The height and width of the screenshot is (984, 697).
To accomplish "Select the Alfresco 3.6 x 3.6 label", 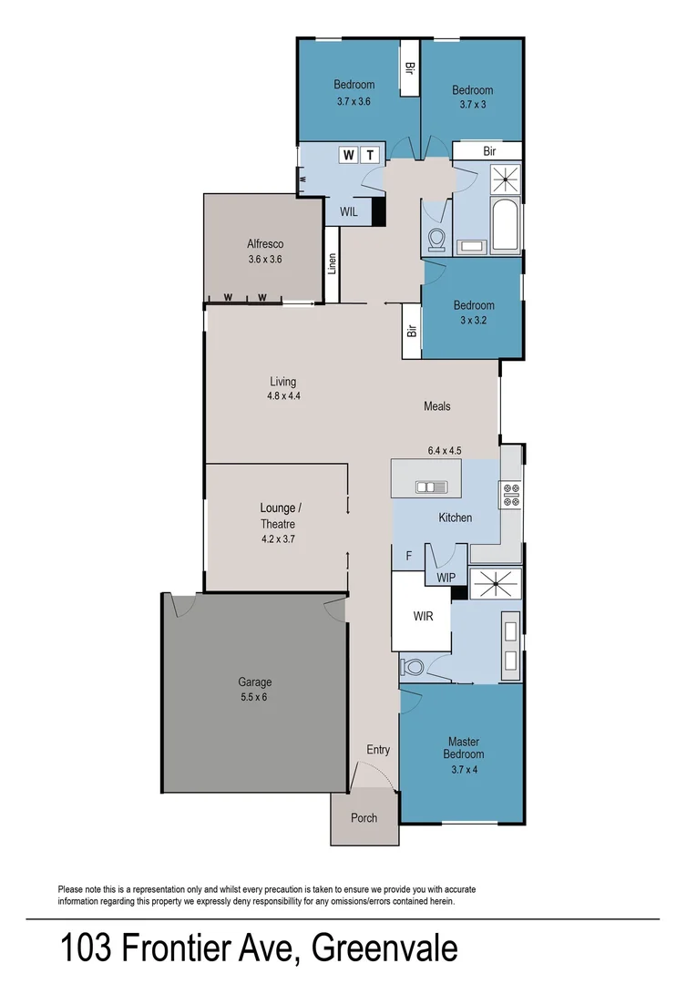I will pos(265,251).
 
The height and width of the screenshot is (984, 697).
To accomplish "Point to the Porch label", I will pos(364,817).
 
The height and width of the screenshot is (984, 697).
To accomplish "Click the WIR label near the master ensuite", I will pos(422,616).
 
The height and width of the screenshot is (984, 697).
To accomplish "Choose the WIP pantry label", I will pos(446,578).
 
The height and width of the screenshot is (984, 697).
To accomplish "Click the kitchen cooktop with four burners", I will pos(510,494).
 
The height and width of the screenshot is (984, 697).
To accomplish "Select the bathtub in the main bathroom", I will pos(504,220).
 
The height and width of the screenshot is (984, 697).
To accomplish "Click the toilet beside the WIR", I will pos(414,668).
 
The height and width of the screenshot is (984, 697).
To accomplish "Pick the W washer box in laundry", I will pos(348,155).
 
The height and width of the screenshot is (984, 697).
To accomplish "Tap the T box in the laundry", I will pos(370,155).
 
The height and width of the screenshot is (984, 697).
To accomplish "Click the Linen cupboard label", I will pos(333,264).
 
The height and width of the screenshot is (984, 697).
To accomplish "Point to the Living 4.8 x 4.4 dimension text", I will pos(282,395).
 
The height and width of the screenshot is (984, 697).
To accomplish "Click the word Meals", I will pos(436,406).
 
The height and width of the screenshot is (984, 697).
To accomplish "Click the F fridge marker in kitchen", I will pos(408,554).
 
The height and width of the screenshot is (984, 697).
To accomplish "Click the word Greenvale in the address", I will pos(384,949).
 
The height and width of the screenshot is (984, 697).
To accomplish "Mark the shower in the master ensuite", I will pos(495,582).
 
